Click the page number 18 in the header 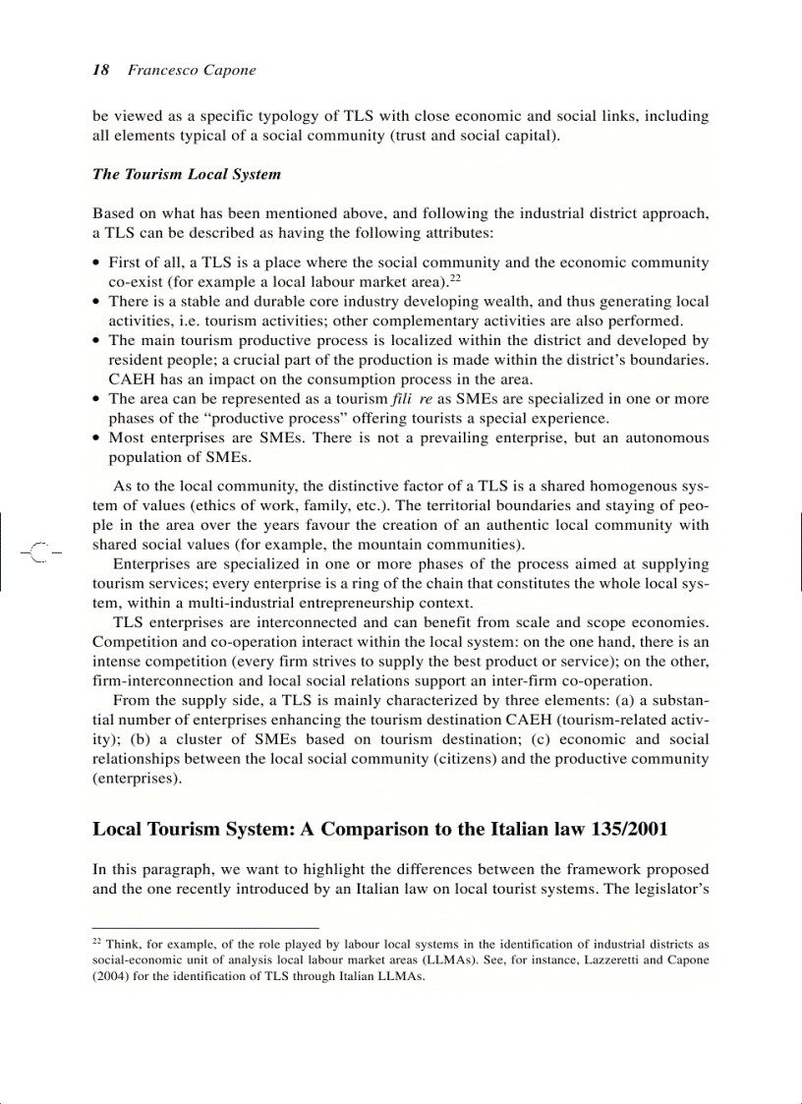click(100, 70)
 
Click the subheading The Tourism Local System click(187, 174)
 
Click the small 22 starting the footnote click(96, 941)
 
